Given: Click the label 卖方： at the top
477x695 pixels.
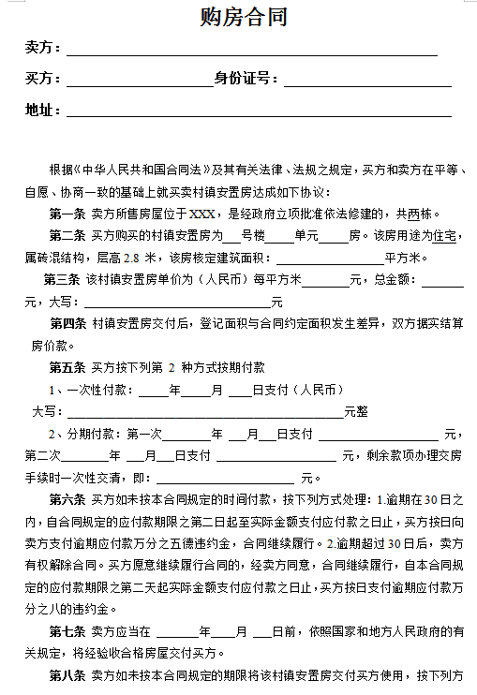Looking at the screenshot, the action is pyautogui.click(x=43, y=48).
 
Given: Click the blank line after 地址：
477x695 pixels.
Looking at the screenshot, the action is pyautogui.click(x=258, y=112).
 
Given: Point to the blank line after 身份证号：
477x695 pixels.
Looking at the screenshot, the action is pyautogui.click(x=366, y=81).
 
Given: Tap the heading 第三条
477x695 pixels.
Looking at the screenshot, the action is pyautogui.click(x=62, y=279).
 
